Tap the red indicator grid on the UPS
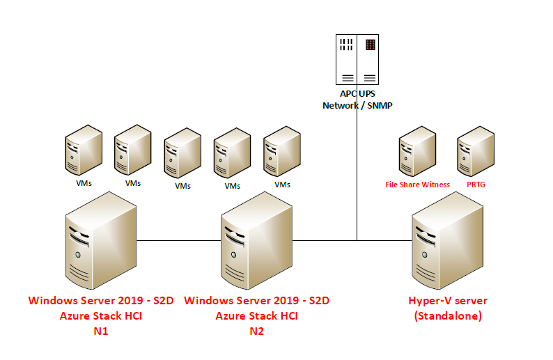pos(371,45)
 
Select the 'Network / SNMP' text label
pos(357,105)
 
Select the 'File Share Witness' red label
pos(418,185)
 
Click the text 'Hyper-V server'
pos(448,301)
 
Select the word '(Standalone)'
pos(448,315)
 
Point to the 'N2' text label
pos(256,331)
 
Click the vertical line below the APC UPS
pos(357,174)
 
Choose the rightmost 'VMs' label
pos(282,185)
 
